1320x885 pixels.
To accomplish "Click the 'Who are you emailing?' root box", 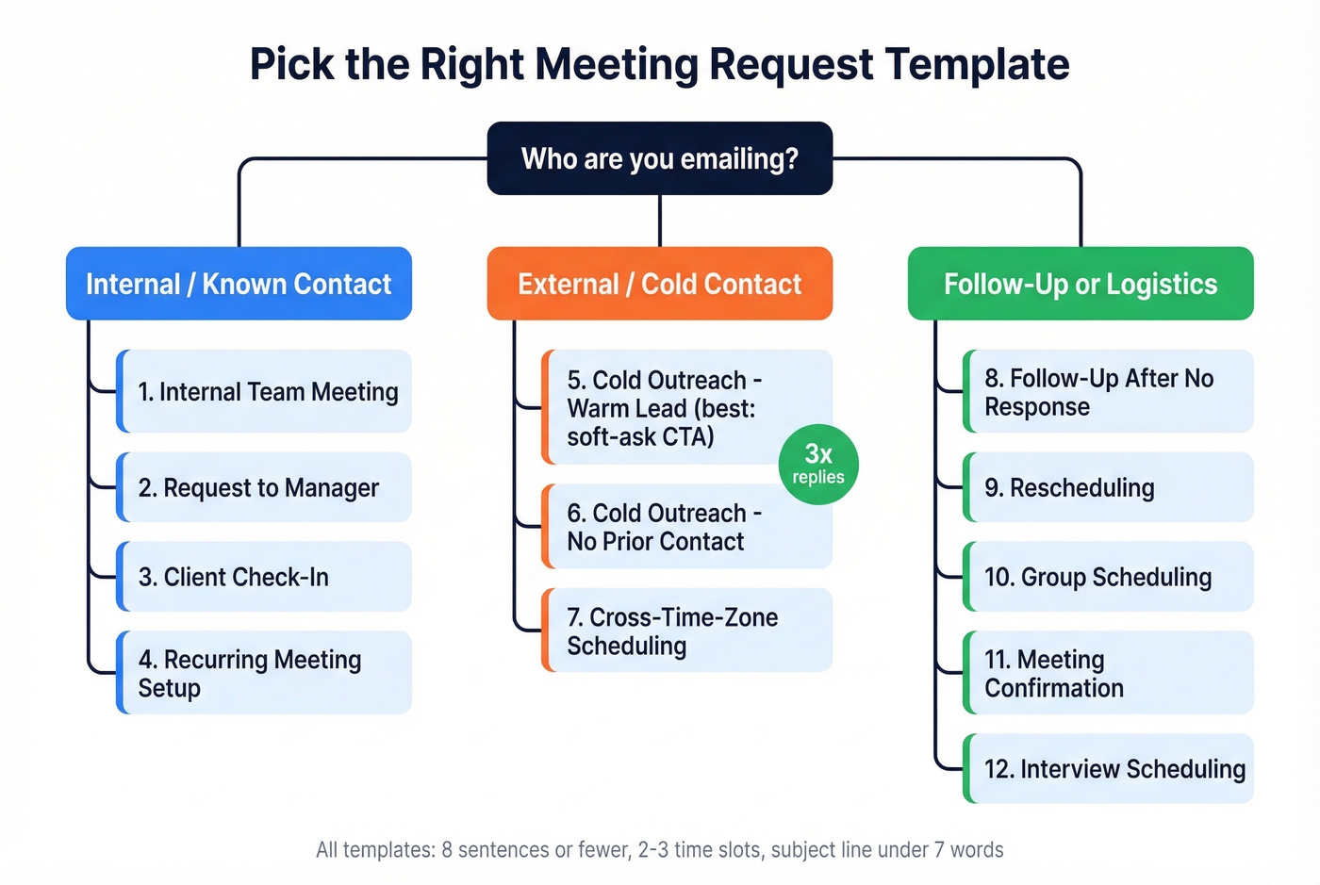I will point(659,158).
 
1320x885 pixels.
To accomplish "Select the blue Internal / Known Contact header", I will point(239,284).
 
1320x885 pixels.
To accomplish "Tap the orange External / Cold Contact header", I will point(659,284).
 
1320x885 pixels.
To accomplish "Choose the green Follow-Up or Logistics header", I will point(1081,284).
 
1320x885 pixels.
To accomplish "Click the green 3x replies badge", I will point(818,464).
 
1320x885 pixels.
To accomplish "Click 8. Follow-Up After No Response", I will point(1109,391).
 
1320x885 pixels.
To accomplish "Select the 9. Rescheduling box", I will point(1109,487).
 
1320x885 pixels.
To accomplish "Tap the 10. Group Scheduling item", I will point(1109,577).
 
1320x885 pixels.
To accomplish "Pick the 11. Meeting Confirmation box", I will point(1109,673).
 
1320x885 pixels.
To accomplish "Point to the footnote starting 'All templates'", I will point(659,849).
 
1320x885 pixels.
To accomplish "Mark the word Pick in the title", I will point(293,64).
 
